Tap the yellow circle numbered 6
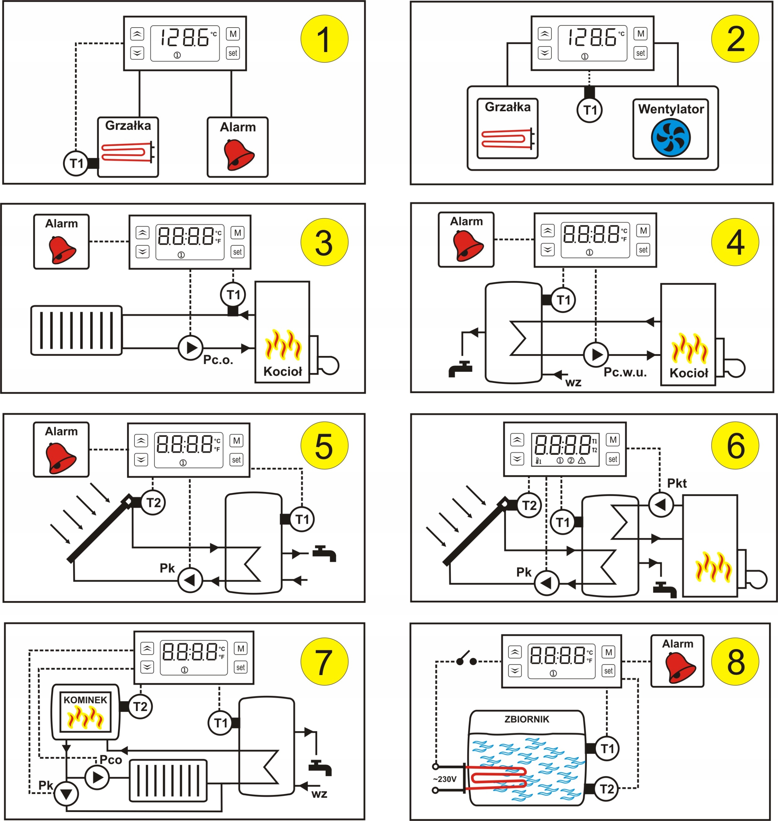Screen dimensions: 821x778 coord(735,446)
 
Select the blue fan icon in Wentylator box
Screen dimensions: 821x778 coord(671,138)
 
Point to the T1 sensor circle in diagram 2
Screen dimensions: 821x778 coord(589,110)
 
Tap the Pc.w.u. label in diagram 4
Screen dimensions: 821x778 coord(625,372)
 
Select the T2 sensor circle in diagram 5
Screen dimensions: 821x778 coord(153,503)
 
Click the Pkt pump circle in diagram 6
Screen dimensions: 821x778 coord(661,504)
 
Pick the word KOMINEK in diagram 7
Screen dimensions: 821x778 coord(85,700)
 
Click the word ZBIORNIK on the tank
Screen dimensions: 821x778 coord(527,719)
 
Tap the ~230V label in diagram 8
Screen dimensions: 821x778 coord(445,779)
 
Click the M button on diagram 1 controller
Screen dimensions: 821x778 coord(233,34)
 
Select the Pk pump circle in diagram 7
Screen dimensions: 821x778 coord(66,794)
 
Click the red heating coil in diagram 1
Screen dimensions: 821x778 coord(124,152)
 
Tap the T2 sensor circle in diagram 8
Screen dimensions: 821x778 coord(606,789)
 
